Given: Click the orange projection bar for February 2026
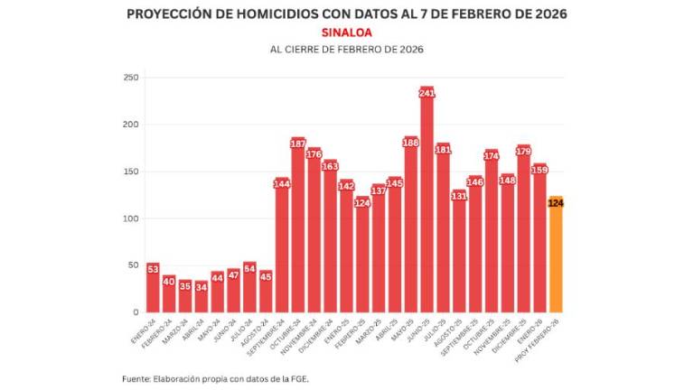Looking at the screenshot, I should (x=556, y=257).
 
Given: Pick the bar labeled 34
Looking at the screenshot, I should (x=201, y=297).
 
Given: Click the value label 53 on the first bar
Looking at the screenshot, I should (x=153, y=268).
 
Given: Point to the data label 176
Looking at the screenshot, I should (x=314, y=153).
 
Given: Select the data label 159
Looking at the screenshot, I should (x=539, y=170).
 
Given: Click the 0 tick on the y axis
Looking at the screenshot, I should (x=136, y=312).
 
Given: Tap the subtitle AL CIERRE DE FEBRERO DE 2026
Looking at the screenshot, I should (x=347, y=49).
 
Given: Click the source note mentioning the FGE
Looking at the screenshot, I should (x=217, y=378).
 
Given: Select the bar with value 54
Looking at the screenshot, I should (x=249, y=288).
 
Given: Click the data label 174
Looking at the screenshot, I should (x=492, y=155).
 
